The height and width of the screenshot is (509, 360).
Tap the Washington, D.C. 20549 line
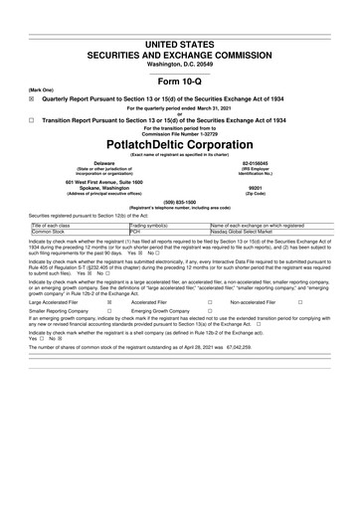coord(180,63)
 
